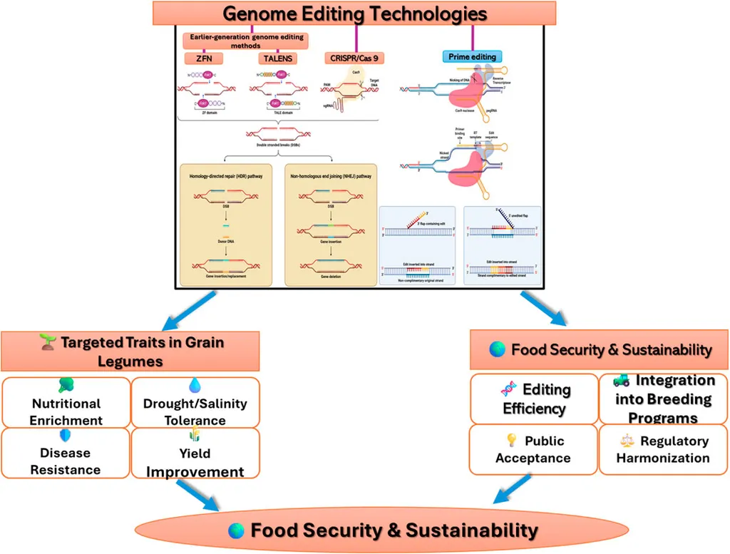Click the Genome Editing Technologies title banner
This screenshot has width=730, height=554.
coord(354,13)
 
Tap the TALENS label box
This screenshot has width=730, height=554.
coord(276,58)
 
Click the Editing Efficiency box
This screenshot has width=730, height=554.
coord(534,399)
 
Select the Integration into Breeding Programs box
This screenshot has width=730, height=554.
coord(664,399)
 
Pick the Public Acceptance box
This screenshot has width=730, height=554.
coord(533,450)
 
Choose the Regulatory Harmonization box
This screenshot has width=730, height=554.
coord(663,450)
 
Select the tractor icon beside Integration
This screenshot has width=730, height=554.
coord(621,381)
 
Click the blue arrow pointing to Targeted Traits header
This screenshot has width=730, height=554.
coord(171,308)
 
